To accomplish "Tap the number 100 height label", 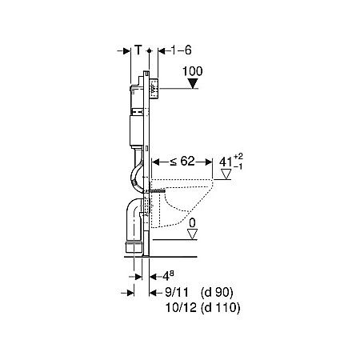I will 192,71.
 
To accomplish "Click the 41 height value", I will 226,161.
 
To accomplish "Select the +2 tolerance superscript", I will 238,156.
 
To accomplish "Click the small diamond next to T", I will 151,50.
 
